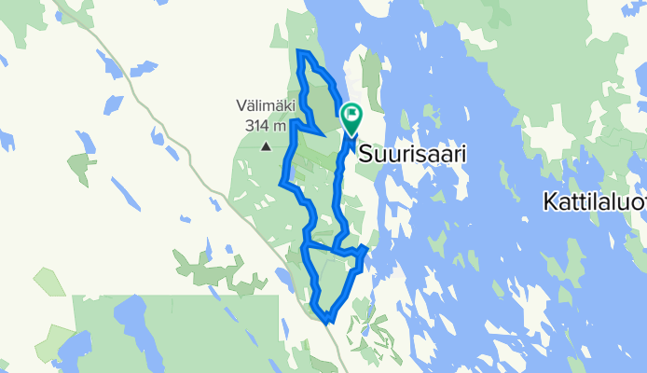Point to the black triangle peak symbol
(x=268, y=146)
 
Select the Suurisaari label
(x=411, y=152)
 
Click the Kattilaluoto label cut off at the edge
(x=595, y=200)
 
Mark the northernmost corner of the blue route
(x=300, y=51)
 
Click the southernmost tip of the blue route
(x=328, y=321)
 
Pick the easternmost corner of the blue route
(x=366, y=250)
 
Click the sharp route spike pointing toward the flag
(x=322, y=134)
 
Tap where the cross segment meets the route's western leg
(x=306, y=245)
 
